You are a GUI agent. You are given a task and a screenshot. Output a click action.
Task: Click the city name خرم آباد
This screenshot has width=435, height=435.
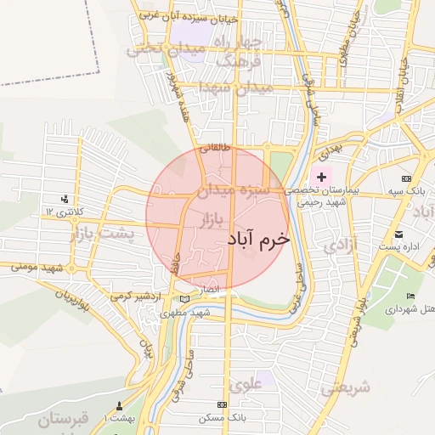(258, 240)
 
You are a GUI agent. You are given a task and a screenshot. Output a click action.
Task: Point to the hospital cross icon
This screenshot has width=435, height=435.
(321, 177)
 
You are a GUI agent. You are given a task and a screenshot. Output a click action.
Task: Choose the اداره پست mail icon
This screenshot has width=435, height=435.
(398, 234)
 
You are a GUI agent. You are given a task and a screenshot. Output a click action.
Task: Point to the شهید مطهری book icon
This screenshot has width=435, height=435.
(186, 299)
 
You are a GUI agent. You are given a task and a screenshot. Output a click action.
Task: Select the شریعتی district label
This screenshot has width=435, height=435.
(346, 388)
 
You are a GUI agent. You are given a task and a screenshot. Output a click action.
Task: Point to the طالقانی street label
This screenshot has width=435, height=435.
(215, 147)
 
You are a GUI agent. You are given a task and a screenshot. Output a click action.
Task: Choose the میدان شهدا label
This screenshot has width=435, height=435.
(235, 88)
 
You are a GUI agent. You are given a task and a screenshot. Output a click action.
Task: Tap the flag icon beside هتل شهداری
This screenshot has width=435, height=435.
(411, 296)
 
